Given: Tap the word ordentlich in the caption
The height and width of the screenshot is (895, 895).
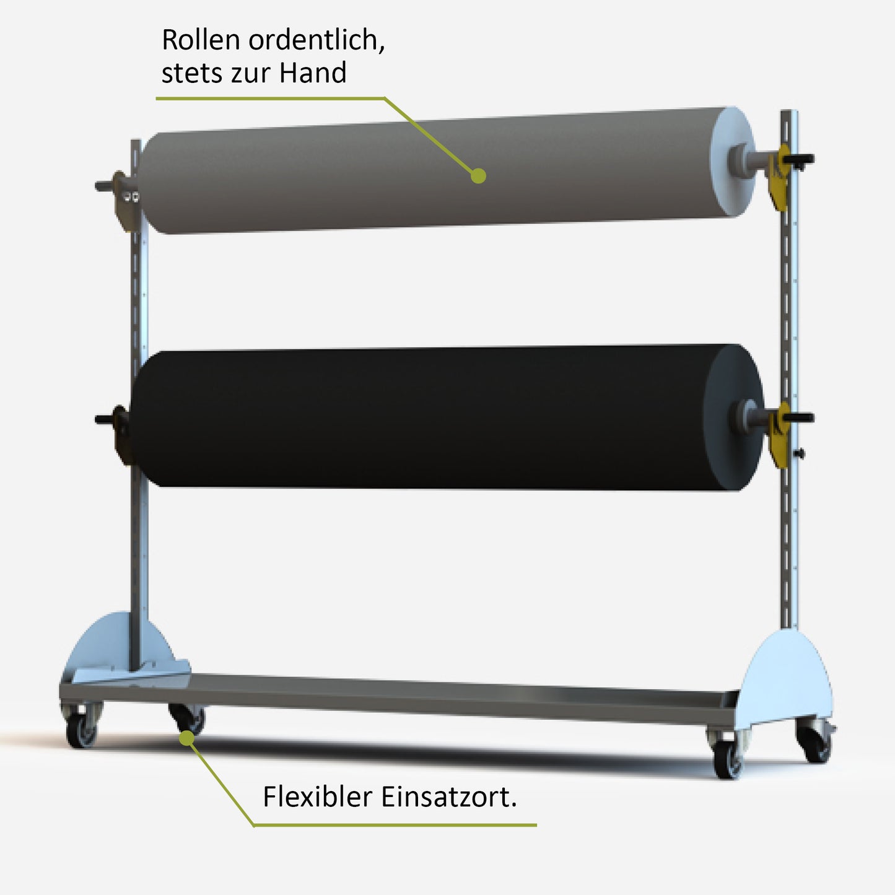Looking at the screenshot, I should (316, 40).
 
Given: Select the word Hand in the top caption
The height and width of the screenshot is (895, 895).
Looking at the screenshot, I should (312, 73).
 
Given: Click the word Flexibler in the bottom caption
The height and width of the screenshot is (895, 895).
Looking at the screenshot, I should (317, 797).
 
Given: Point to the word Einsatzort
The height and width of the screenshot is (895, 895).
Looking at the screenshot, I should (448, 797).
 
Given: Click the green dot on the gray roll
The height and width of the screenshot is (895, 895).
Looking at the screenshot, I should (478, 176).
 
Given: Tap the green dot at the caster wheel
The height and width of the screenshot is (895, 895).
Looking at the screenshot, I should (186, 737).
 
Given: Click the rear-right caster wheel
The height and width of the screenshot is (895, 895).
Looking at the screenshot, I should (814, 743).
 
